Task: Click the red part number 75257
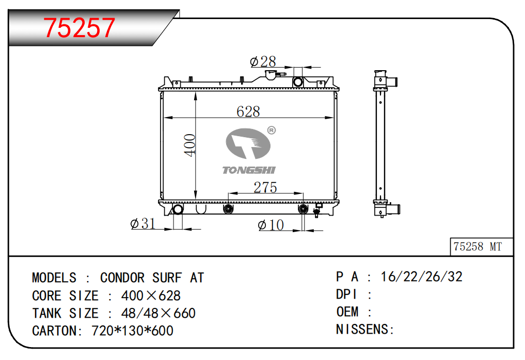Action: pyautogui.click(x=79, y=28)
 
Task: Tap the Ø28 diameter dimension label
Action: pyautogui.click(x=263, y=61)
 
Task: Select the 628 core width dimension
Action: pyautogui.click(x=248, y=111)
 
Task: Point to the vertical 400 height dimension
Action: pyautogui.click(x=190, y=145)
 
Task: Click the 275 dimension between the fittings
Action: pyautogui.click(x=265, y=187)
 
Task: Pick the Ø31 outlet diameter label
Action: pyautogui.click(x=143, y=223)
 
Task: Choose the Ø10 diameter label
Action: pyautogui.click(x=271, y=225)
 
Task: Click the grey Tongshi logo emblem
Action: pyautogui.click(x=248, y=143)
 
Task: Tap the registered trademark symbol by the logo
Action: pyautogui.click(x=272, y=130)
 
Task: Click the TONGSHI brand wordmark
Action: pyautogui.click(x=249, y=170)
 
